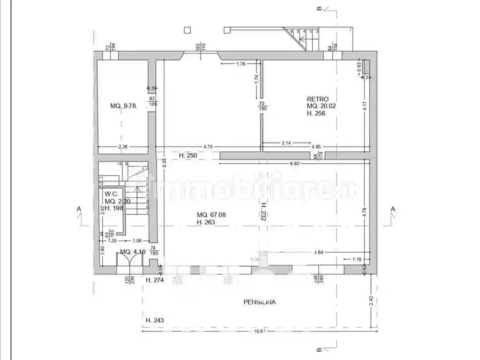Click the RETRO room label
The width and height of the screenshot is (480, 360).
(x=317, y=99)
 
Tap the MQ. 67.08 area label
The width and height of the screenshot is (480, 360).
(x=211, y=215)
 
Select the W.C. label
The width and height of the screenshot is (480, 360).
(x=111, y=194)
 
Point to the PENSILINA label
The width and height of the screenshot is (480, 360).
(x=259, y=302)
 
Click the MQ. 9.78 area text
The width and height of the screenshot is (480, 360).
(x=123, y=106)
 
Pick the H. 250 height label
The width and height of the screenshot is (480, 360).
(x=188, y=155)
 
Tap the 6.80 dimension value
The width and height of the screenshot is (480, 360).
(x=294, y=164)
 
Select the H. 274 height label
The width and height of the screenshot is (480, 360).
(x=154, y=280)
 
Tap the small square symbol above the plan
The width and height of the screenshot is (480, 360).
(x=187, y=30)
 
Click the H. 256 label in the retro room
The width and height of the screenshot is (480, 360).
(x=316, y=113)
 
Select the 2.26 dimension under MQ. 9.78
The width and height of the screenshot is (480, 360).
(x=123, y=147)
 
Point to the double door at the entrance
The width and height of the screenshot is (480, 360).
(x=129, y=262)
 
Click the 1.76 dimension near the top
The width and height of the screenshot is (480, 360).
(x=241, y=64)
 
